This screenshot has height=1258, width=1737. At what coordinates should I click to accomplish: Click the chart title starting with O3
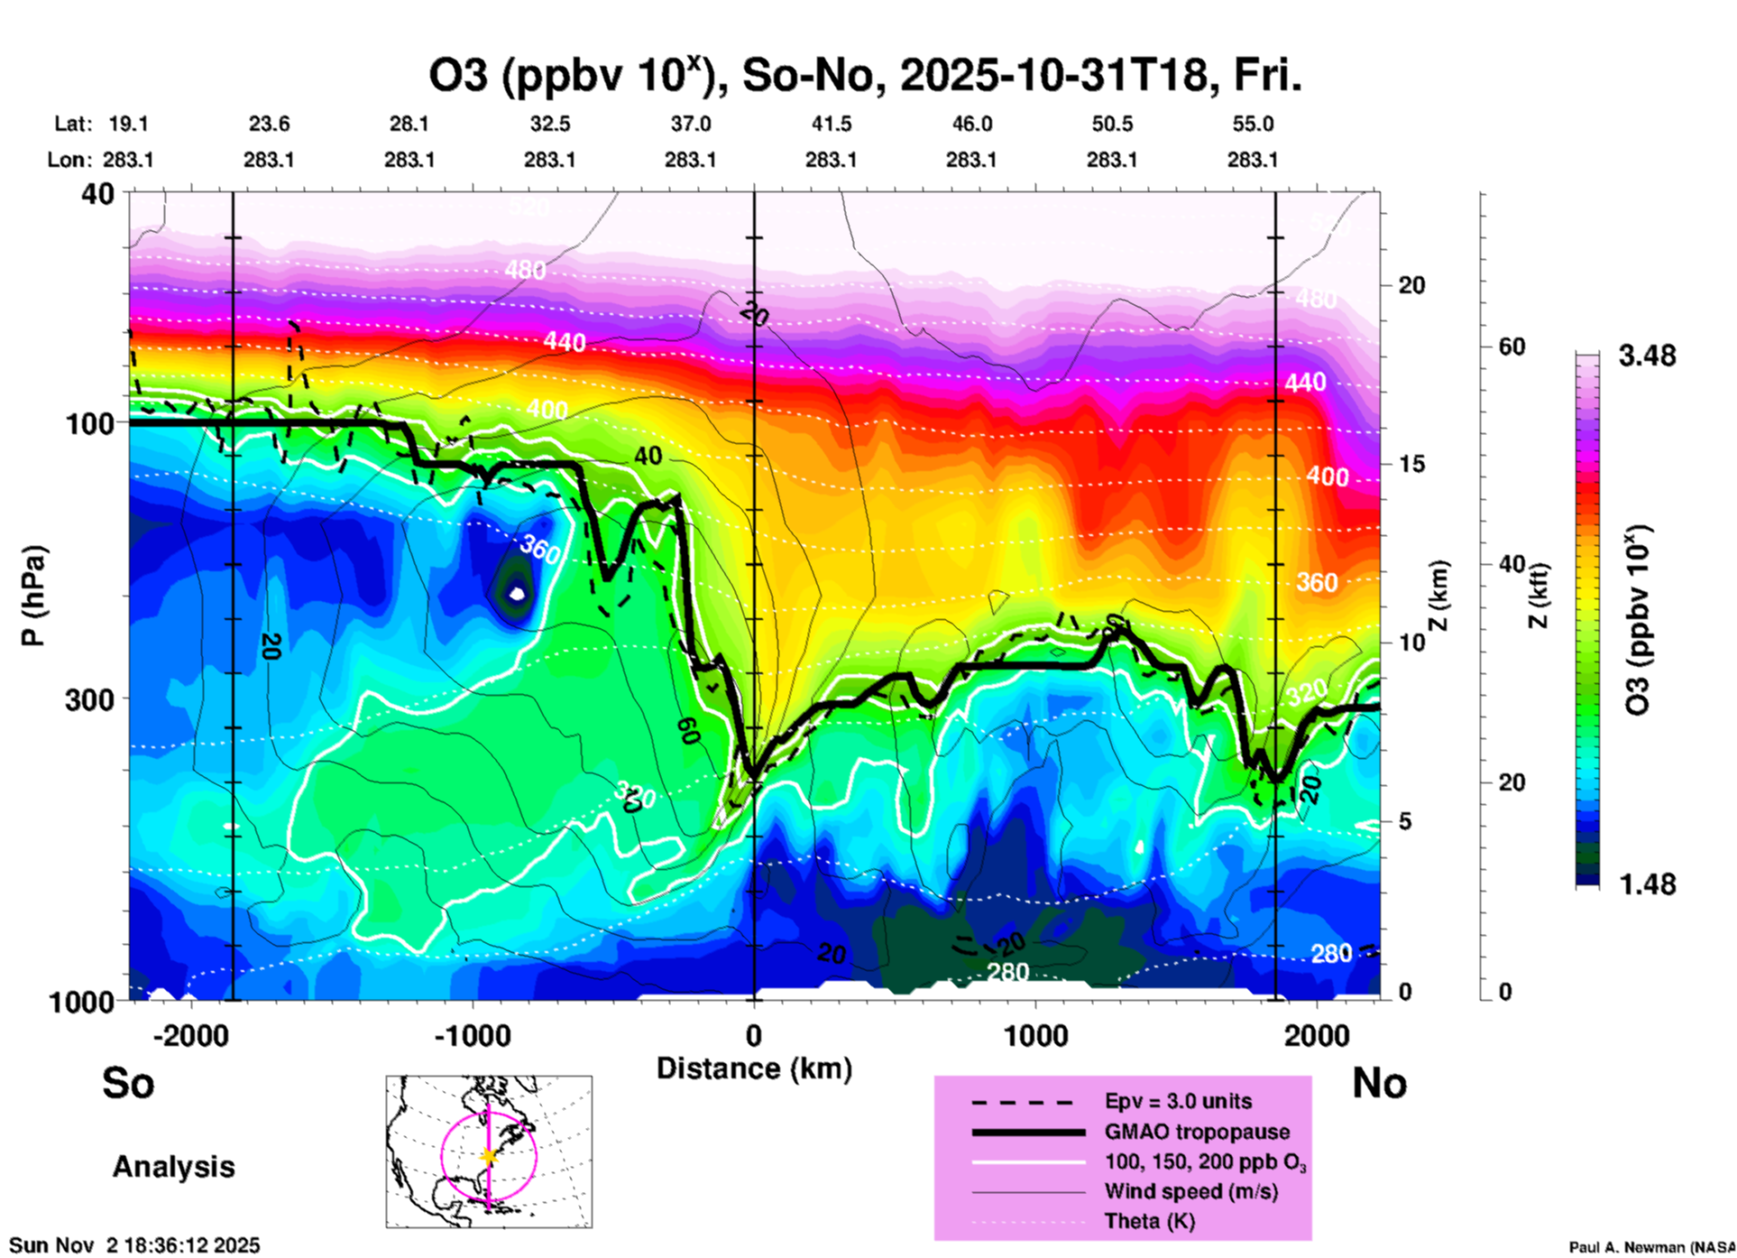point(864,76)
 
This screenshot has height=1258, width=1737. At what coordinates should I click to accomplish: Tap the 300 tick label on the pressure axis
point(89,699)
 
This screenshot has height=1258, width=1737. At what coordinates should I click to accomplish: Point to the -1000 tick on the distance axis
point(473,1035)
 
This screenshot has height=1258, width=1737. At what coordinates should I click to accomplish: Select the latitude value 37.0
point(690,124)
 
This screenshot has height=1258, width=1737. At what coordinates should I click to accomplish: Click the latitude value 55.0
point(1253,124)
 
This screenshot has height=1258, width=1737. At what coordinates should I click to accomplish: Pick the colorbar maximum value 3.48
point(1647,356)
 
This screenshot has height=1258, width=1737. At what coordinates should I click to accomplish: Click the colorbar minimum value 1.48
point(1647,883)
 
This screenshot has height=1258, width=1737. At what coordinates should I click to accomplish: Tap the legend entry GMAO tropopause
point(1197,1132)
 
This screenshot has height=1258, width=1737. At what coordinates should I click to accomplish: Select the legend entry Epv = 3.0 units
point(1178,1102)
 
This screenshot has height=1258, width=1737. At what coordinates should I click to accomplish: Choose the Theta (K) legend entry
point(1149,1221)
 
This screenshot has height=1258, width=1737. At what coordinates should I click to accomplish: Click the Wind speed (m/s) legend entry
point(1190,1191)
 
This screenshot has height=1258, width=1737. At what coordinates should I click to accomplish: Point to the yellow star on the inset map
point(489,1156)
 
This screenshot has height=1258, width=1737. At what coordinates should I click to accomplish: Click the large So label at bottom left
point(128,1083)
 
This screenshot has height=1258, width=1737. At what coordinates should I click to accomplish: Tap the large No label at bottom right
point(1379,1083)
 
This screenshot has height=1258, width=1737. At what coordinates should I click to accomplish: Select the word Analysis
point(173,1167)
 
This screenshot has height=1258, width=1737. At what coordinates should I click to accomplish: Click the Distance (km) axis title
point(754,1068)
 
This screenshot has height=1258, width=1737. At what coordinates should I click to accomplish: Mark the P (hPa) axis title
point(33,596)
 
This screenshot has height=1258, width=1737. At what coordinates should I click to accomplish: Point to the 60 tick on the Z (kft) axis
point(1512,347)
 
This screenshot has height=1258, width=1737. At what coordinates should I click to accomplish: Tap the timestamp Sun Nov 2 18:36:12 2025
point(134,1245)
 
